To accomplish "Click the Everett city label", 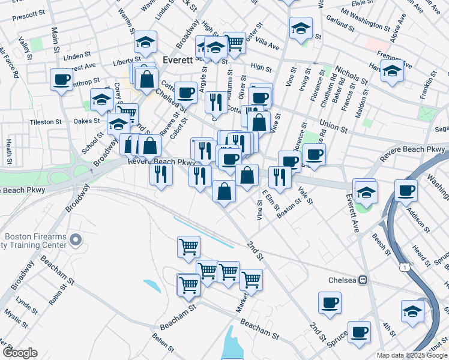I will coord(178,60).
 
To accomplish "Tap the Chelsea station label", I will coord(343,280).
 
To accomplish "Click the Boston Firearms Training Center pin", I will coord(76,241).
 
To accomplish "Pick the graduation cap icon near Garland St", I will coord(301,27).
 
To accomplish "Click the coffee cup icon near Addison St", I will coord(406,190).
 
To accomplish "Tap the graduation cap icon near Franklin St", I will coord(392,70).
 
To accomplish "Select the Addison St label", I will coord(418,221).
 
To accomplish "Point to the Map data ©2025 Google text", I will coord(411,355).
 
